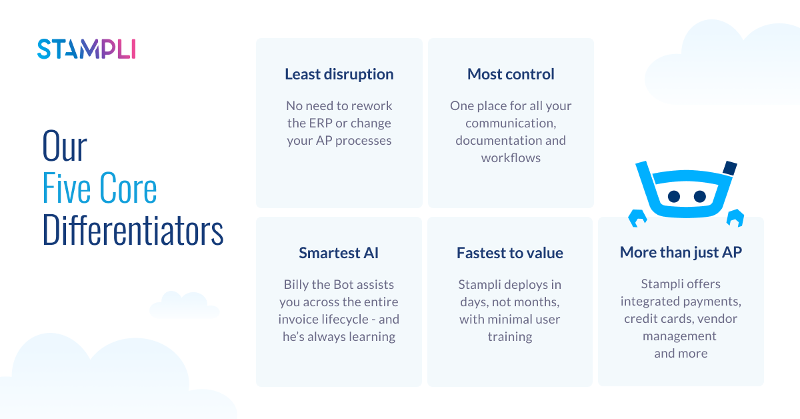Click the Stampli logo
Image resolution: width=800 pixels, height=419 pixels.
coord(87,49)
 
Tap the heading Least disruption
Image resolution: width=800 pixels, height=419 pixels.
coord(339,74)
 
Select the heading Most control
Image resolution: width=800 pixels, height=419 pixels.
coord(511,74)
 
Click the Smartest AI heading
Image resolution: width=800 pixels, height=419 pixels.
coord(339,253)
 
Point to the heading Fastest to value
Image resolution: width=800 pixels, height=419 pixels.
coord(510,253)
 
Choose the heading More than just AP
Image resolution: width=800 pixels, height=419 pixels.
coord(681,252)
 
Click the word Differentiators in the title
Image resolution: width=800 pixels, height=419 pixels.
coord(133,231)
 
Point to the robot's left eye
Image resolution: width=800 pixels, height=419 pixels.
coord(674,196)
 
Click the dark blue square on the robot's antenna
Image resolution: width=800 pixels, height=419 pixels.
coord(729,167)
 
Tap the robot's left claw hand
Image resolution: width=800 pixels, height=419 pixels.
coord(637,218)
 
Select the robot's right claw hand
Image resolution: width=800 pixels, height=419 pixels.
coord(735,217)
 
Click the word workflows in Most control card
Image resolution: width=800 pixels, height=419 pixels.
coord(511,157)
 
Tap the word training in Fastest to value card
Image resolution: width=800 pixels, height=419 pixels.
coord(510,336)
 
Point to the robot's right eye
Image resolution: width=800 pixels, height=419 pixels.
coord(699,196)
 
